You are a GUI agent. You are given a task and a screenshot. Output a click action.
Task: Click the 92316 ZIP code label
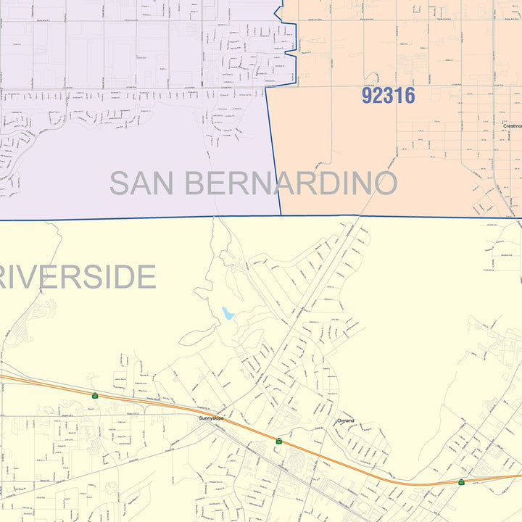388,95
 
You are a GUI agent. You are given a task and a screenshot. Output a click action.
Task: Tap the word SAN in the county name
141,183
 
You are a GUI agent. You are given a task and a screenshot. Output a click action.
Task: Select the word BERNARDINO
291,183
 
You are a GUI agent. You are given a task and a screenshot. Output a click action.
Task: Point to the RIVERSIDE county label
78,277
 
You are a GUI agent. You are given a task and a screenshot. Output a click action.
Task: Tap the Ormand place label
346,420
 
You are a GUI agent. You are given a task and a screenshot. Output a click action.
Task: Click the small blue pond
228,313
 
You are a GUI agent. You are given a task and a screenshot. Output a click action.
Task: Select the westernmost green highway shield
95,396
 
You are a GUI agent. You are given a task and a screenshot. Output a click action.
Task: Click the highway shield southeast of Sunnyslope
278,440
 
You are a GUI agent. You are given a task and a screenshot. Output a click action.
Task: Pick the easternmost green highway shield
461,481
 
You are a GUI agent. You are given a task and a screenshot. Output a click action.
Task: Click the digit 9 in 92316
368,95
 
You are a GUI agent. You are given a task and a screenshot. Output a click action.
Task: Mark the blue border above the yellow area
145,217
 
